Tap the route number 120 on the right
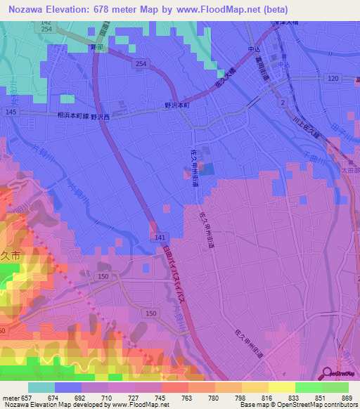point(333,78)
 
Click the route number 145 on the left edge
point(10,112)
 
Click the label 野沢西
point(100,117)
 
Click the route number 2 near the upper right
point(283,103)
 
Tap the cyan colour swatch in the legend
point(41,387)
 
